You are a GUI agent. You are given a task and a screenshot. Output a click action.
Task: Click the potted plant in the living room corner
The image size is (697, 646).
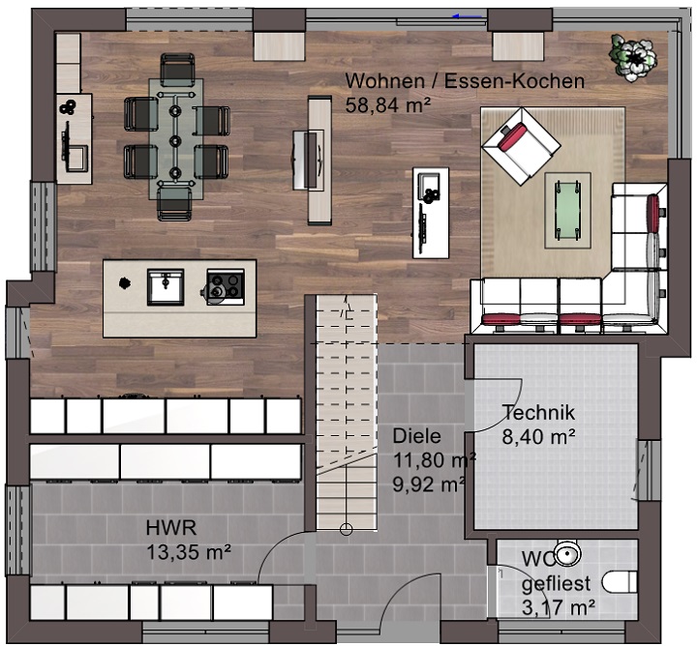tap(633, 57)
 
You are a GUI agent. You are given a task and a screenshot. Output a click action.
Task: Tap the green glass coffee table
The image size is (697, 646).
tap(566, 210)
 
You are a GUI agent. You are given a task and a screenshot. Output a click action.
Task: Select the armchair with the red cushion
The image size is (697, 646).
tap(521, 147)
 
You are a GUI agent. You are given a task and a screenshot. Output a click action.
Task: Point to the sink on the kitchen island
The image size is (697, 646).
tap(166, 286)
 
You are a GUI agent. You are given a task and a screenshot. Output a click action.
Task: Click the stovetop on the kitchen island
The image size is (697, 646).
tap(226, 286)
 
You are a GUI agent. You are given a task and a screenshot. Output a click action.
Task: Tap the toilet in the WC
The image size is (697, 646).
tap(620, 582)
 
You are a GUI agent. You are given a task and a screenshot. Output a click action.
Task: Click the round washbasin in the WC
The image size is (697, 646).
tap(567, 554)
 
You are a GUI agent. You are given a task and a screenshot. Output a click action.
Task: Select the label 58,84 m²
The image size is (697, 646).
tap(388, 105)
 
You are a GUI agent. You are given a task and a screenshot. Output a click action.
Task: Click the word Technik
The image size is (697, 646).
tap(538, 413)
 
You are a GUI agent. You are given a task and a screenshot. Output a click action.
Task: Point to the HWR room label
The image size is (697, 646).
tap(171, 528)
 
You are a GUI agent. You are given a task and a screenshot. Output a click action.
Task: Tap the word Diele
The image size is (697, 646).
tap(416, 436)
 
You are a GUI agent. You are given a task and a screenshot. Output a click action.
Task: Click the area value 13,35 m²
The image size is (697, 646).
tap(189, 553)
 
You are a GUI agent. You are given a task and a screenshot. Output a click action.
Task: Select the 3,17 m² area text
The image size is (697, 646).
tap(559, 607)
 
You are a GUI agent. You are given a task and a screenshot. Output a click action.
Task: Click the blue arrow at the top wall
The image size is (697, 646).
tap(468, 16)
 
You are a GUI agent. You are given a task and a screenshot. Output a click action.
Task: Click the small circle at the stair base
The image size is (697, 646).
tap(346, 529)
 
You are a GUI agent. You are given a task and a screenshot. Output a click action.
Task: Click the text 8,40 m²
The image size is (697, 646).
tap(539, 437)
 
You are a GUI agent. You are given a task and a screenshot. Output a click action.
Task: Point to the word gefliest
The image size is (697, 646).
tap(556, 584)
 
